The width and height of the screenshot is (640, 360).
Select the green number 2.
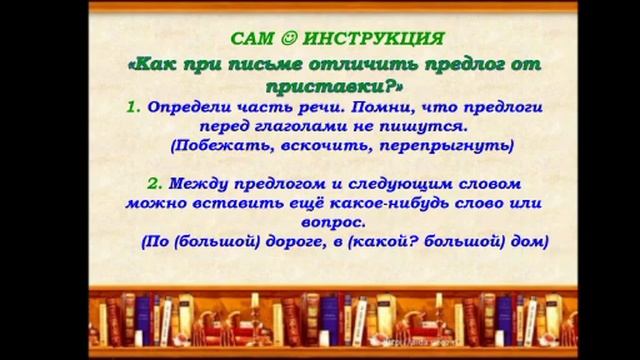coord(153,184)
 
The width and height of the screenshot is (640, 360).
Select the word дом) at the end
coord(529,242)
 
